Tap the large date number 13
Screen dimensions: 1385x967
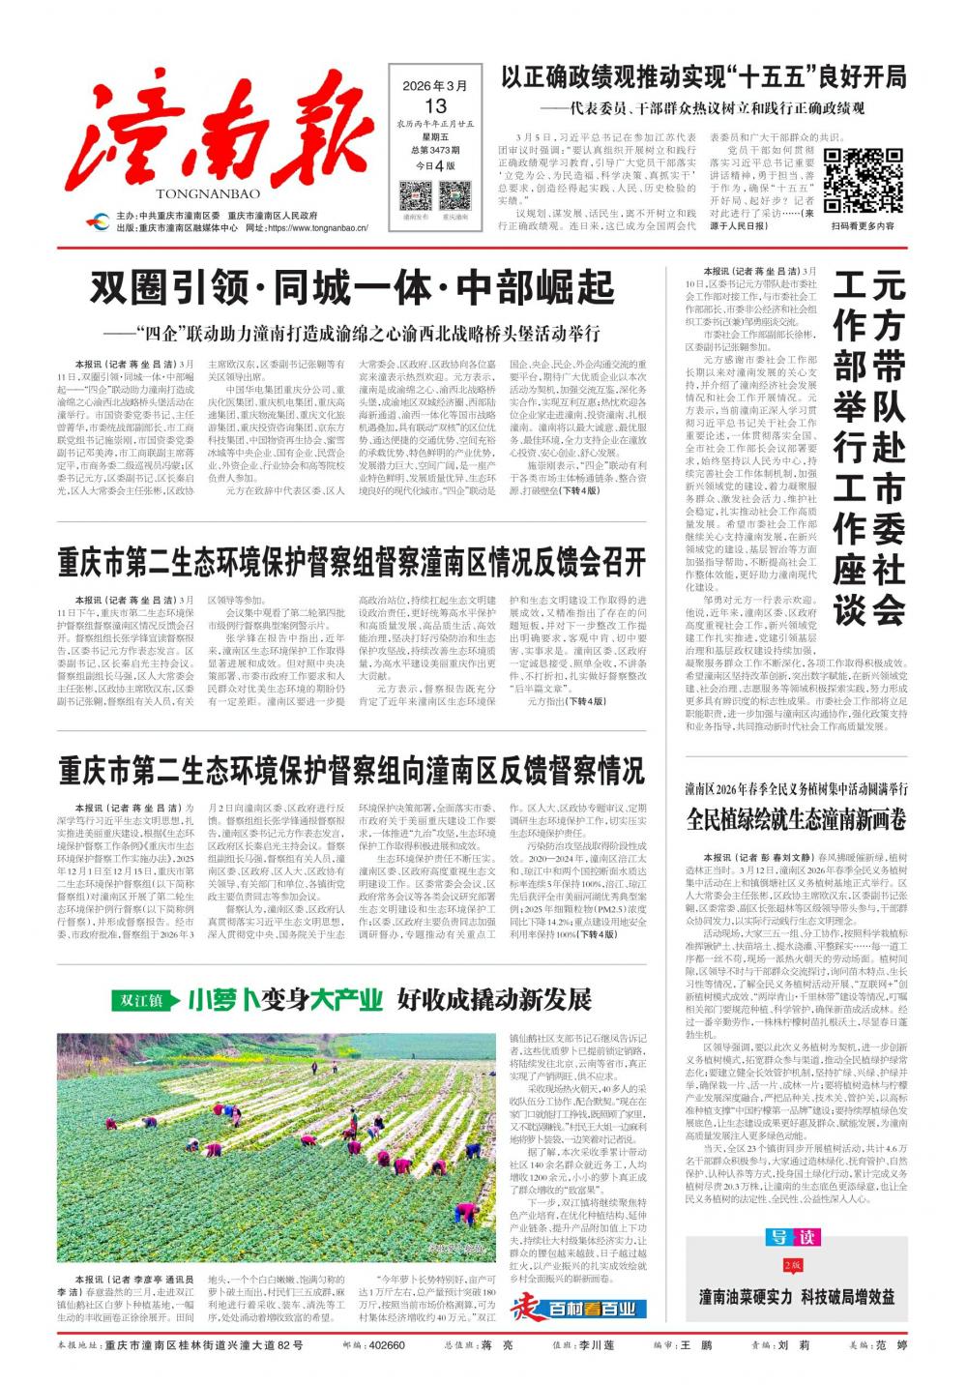pyautogui.click(x=435, y=105)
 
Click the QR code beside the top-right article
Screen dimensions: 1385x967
pyautogui.click(x=862, y=181)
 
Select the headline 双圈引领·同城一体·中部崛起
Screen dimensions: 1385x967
pyautogui.click(x=352, y=288)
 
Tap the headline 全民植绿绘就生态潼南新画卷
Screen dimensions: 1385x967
pyautogui.click(x=796, y=819)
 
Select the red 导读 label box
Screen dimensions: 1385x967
pyautogui.click(x=794, y=1237)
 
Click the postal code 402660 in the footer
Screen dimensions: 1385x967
pyautogui.click(x=387, y=1345)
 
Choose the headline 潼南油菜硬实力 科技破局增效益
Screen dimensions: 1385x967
pyautogui.click(x=796, y=1297)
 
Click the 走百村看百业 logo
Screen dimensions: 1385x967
pyautogui.click(x=578, y=1308)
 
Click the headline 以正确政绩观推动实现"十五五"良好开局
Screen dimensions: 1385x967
pyautogui.click(x=703, y=77)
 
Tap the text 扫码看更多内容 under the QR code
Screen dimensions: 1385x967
pyautogui.click(x=863, y=226)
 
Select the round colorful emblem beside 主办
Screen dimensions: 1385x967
pyautogui.click(x=97, y=221)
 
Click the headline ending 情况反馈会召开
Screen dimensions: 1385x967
pyautogui.click(x=351, y=561)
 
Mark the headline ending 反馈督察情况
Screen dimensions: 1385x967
pyautogui.click(x=351, y=771)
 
